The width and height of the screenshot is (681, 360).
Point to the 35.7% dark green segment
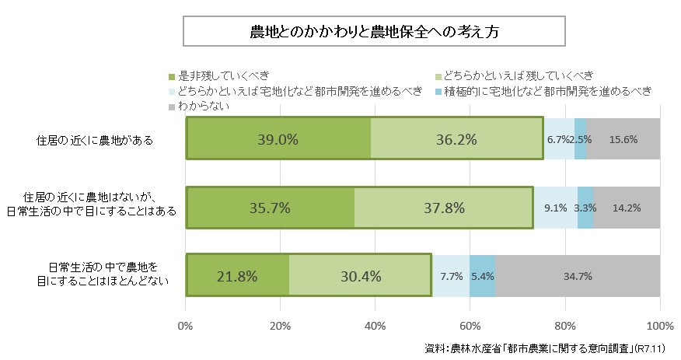coord(270,208)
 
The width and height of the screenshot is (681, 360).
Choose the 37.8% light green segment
coord(443,208)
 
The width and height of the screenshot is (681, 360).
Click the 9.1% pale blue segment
coord(555,208)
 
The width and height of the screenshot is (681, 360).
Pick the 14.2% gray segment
coord(627,208)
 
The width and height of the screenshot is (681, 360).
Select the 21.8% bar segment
coord(237,275)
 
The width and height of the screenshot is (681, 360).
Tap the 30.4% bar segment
coord(360,275)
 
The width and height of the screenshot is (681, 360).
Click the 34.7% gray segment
coord(578,275)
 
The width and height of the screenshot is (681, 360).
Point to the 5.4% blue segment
coord(483,275)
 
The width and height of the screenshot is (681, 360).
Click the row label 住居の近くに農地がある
coord(94,141)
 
